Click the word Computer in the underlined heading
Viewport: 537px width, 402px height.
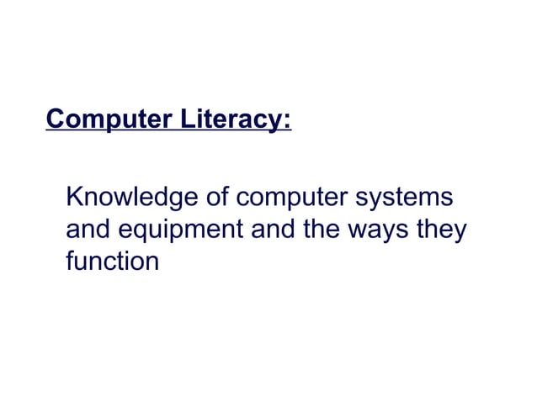click(99, 119)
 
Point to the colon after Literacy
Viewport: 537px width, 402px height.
click(287, 120)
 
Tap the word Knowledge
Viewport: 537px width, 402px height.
click(130, 200)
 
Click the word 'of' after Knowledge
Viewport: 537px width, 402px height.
click(215, 199)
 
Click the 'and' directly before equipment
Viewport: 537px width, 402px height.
click(88, 230)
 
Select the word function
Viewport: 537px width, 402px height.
click(112, 260)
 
